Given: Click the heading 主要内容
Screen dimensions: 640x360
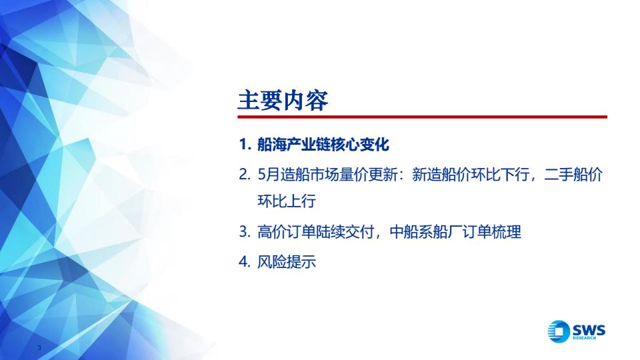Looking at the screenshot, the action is coord(283,101).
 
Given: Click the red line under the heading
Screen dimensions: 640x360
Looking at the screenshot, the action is coord(423,117).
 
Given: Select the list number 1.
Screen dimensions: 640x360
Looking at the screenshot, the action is coord(245,145).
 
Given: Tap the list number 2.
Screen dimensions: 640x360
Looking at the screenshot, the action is coord(245,175).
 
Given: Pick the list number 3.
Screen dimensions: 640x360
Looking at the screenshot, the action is coord(245,232).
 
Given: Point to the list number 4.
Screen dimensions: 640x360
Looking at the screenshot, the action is coord(245,261).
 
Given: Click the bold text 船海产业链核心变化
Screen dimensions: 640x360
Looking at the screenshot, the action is coord(323,145).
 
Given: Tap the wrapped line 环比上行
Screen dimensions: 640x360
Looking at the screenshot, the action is coord(287,201).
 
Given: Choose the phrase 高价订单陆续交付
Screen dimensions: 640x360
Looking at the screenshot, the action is coord(316,232).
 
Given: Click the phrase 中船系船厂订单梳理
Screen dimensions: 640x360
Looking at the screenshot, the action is coord(455,232).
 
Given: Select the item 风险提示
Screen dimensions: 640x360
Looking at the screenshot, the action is coord(287,261).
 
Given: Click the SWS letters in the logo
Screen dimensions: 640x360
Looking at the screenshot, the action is coord(589,329).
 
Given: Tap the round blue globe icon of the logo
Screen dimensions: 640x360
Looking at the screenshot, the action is coord(559,331).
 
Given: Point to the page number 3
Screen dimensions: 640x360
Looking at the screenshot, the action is coord(39,348).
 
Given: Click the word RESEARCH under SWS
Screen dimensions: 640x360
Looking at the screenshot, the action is coord(584,337).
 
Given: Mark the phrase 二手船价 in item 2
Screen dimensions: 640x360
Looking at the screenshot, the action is coord(573,175).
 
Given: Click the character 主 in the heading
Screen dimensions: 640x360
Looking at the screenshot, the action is coord(249,101).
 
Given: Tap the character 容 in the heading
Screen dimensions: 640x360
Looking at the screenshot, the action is coord(317,101).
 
